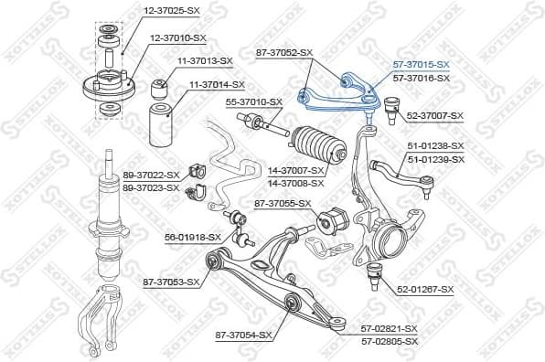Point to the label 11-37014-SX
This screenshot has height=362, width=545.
(x=217, y=84)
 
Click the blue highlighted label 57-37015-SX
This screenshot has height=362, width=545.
(x=421, y=65)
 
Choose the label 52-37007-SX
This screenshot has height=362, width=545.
(x=435, y=116)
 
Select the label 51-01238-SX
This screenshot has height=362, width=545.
(x=435, y=145)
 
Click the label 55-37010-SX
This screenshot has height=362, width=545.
(x=254, y=101)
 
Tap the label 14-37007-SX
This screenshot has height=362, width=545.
(x=296, y=170)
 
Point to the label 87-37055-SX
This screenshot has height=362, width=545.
(x=283, y=203)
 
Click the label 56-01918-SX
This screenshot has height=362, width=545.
(x=193, y=237)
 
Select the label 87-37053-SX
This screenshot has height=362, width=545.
(x=171, y=282)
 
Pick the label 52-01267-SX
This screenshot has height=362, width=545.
(x=425, y=290)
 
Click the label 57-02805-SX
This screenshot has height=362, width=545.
(x=390, y=341)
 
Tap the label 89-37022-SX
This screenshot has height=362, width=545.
(x=151, y=175)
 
